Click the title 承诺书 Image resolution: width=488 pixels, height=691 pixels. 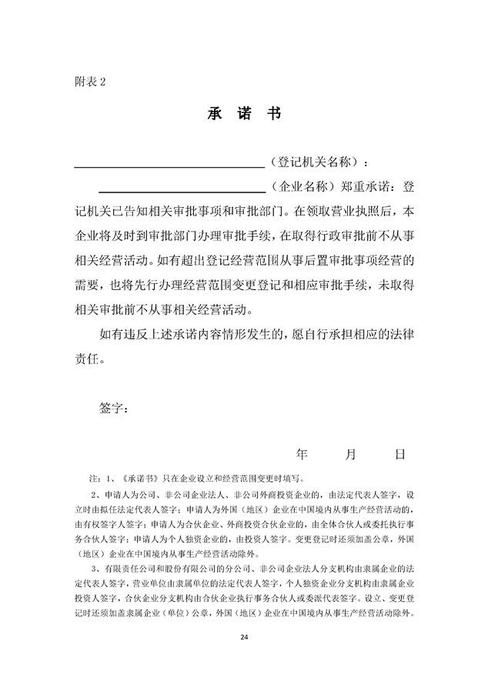[244, 115]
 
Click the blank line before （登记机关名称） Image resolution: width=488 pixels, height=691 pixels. [169, 165]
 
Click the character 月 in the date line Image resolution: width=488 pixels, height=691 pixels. [351, 455]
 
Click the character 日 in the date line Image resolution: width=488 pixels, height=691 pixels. [400, 455]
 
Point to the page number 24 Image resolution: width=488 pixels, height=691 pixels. [244, 636]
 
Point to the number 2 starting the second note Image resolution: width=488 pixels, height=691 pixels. [94, 495]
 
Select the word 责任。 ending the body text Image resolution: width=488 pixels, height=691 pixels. [89, 359]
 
